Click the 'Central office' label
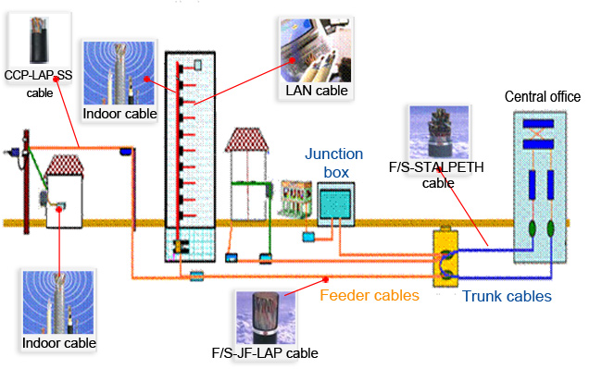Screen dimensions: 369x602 [542, 97]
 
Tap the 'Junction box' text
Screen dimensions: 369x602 [334, 163]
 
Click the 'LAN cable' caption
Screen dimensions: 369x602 [316, 90]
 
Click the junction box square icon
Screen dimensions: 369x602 [334, 201]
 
